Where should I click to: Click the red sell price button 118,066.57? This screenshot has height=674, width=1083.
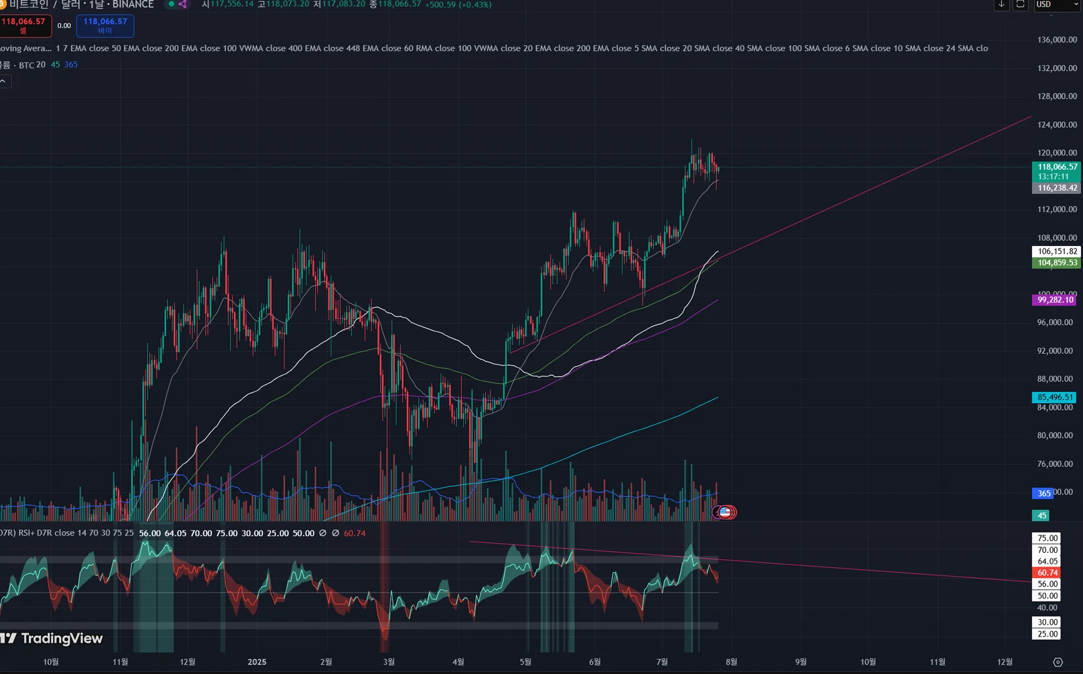(24, 25)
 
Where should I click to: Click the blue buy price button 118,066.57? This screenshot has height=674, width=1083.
(105, 25)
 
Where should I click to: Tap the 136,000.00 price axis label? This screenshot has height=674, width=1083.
(1057, 39)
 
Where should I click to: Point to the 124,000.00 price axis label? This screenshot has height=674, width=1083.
(1057, 124)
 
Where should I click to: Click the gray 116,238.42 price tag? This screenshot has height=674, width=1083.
(1057, 188)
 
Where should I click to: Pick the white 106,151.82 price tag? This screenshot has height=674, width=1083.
(1057, 252)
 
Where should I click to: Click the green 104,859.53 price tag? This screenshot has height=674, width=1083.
(1057, 263)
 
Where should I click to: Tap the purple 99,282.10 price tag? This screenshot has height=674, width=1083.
(1055, 300)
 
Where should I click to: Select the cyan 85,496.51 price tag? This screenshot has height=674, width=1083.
(1055, 398)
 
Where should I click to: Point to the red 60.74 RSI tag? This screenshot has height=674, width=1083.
(1047, 572)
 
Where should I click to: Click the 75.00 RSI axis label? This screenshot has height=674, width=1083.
(1047, 538)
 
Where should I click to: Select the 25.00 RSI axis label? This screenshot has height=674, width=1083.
(1047, 634)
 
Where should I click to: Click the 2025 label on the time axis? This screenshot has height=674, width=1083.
(257, 662)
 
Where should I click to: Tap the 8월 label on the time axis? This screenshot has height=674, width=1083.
(731, 662)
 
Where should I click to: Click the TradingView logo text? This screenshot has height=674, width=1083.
(61, 638)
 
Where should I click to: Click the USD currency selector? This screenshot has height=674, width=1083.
(1055, 4)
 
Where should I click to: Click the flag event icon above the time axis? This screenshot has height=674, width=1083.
(725, 512)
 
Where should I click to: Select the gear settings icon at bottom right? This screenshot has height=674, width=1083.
(1057, 662)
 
